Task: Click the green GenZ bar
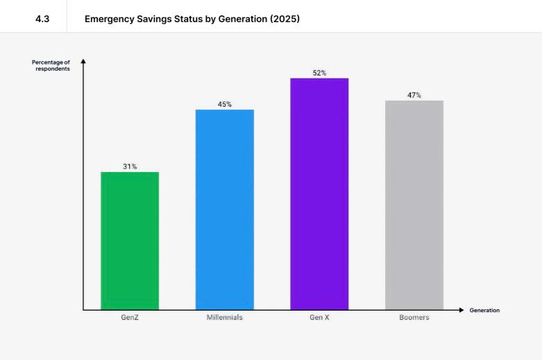click(x=130, y=240)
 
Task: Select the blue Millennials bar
click(x=225, y=209)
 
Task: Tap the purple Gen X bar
click(x=319, y=194)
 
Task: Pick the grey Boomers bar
click(x=414, y=205)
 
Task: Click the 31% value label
click(x=130, y=166)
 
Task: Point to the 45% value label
click(x=225, y=104)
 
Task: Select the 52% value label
click(x=319, y=73)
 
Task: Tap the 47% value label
click(x=414, y=95)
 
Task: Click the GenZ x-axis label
click(x=130, y=318)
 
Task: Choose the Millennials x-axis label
click(x=225, y=318)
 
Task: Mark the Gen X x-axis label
click(x=319, y=318)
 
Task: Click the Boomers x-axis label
click(x=414, y=318)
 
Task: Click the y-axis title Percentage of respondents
click(x=51, y=65)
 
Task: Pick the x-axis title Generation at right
click(x=484, y=310)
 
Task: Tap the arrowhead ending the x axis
click(x=461, y=310)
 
